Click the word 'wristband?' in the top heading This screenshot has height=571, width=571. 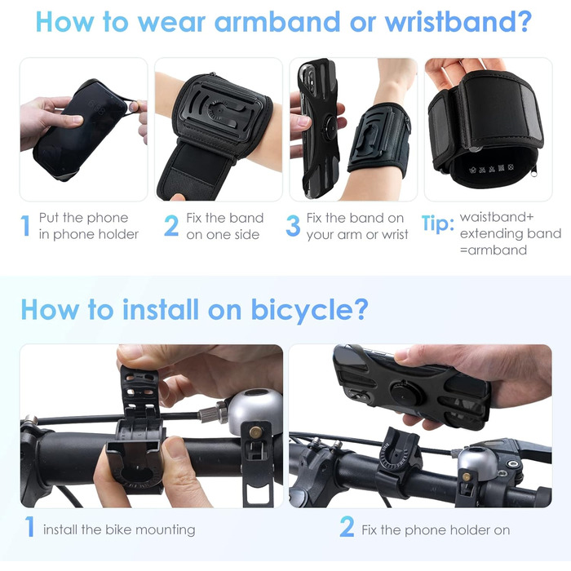coord(458,23)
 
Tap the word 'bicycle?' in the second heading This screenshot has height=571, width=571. coord(309,309)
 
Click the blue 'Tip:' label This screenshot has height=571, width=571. coord(438,223)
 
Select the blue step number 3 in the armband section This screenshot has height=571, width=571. coord(293,226)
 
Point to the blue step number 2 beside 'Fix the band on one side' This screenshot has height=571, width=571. coord(171,226)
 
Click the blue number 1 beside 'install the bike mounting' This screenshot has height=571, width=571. coord(30,526)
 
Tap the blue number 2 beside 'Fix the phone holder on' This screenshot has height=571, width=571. coord(347,526)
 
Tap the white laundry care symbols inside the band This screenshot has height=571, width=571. coord(491,169)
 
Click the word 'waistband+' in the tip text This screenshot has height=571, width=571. coord(497,217)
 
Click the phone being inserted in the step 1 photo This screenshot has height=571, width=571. coord(80,129)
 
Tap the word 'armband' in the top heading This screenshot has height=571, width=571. coord(277,22)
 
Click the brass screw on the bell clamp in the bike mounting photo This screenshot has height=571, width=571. coord(255,432)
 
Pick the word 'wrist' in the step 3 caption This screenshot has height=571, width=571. coord(395,235)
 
